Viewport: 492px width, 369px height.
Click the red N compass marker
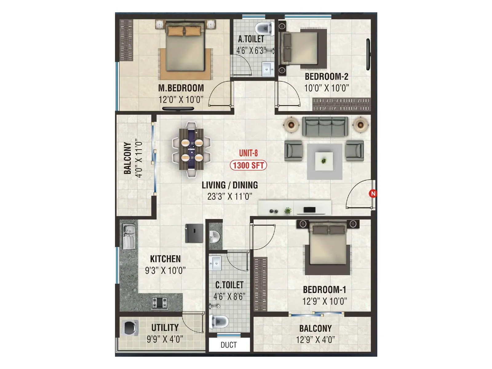pos(373,193)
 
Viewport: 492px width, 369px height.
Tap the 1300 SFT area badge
pos(248,165)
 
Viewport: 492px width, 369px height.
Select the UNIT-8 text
pos(248,153)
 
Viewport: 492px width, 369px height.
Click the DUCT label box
pos(229,345)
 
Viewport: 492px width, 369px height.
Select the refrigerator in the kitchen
pos(194,233)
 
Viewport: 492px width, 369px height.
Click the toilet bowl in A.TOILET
pos(265,28)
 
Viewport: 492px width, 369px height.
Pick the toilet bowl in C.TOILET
pos(219,322)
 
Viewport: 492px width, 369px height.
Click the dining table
pos(192,149)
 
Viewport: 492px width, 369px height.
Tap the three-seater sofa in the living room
pos(325,126)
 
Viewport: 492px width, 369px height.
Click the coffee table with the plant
pos(324,161)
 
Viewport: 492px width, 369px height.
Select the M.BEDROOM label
pos(181,88)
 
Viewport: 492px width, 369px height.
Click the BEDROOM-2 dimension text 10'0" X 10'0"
pos(327,88)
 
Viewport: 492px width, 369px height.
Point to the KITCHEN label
pos(165,259)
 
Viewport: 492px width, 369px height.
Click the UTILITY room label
pos(165,328)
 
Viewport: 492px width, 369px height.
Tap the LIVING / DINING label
pos(230,185)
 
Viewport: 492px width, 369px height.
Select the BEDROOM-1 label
pos(324,290)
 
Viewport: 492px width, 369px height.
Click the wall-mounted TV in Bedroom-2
pos(368,54)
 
